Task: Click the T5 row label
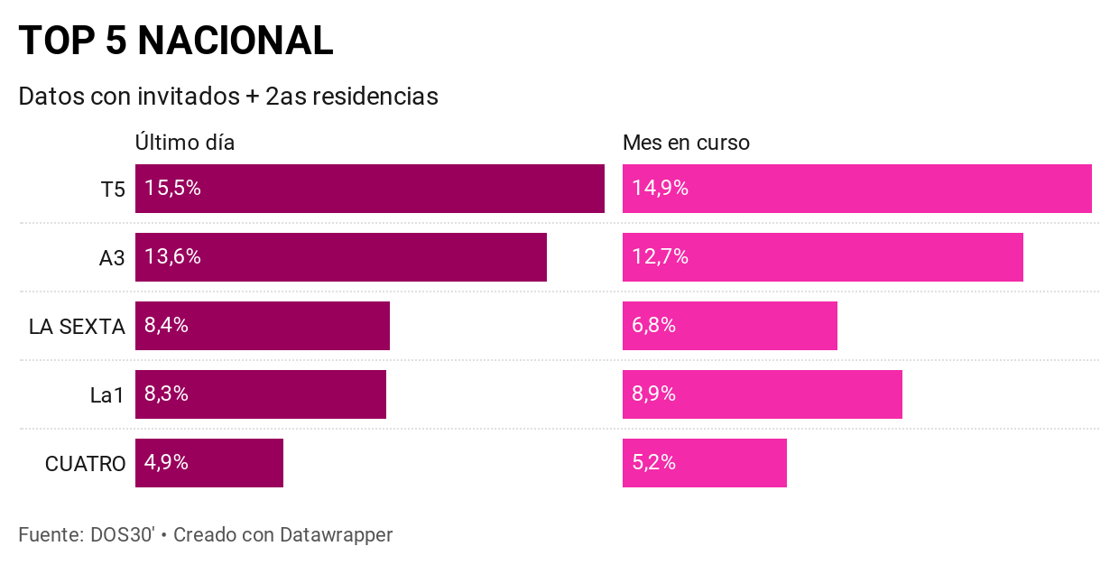[x=113, y=190]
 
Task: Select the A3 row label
[x=112, y=258]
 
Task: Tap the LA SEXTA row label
[x=77, y=327]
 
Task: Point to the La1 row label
[x=107, y=395]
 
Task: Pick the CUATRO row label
[x=85, y=464]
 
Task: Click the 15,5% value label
[x=172, y=189]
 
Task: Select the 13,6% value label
[x=172, y=257]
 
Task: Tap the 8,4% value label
[x=166, y=326]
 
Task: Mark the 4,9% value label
[x=166, y=463]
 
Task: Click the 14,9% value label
[x=660, y=189]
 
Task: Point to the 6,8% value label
[x=653, y=326]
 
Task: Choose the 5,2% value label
[x=653, y=463]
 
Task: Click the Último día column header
[x=185, y=143]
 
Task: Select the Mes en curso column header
[x=686, y=143]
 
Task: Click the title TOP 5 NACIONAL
[x=176, y=41]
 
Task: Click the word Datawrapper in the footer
[x=336, y=534]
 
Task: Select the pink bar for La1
[x=762, y=394]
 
